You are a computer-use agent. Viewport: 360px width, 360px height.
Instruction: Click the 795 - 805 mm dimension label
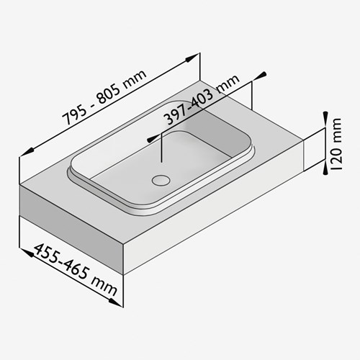pos(104,97)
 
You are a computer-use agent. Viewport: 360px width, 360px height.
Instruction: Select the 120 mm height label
pos(336,144)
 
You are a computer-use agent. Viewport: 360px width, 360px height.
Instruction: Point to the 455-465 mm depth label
pos(76,269)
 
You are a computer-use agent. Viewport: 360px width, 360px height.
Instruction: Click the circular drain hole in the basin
pos(161,180)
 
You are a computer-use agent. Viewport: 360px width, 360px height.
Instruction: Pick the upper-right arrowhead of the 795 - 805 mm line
pos(192,58)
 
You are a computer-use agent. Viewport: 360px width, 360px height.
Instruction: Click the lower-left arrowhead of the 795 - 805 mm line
pos(27,152)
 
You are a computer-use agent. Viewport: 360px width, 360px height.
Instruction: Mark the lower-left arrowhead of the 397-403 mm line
pos(153,138)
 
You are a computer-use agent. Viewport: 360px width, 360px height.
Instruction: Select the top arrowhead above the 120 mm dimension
pos(325,118)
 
